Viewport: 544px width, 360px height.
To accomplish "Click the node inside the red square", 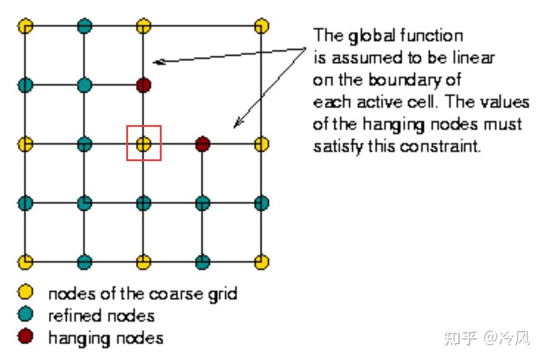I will [143, 143].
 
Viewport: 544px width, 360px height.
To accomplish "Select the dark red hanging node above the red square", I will [143, 85].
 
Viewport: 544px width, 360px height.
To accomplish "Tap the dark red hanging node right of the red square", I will [202, 143].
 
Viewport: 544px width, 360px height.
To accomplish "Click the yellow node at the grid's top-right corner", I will [262, 26].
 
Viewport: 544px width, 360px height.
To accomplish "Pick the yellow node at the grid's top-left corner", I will [25, 26].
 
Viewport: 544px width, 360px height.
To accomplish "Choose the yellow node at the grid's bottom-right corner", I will [262, 261].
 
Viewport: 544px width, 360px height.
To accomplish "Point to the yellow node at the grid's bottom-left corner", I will [25, 261].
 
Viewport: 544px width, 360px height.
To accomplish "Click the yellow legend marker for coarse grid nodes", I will [25, 293].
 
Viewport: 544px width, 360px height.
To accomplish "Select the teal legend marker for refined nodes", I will [25, 315].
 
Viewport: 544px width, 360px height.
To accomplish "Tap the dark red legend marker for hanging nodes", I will [25, 337].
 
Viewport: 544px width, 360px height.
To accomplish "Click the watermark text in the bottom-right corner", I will [487, 338].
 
